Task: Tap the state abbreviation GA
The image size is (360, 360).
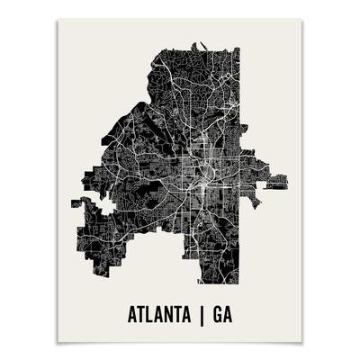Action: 230,316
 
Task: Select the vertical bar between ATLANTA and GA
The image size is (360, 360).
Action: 206,316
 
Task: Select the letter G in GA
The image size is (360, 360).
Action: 224,316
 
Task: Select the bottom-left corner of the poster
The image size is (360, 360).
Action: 58,343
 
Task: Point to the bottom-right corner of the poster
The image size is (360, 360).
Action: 301,343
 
